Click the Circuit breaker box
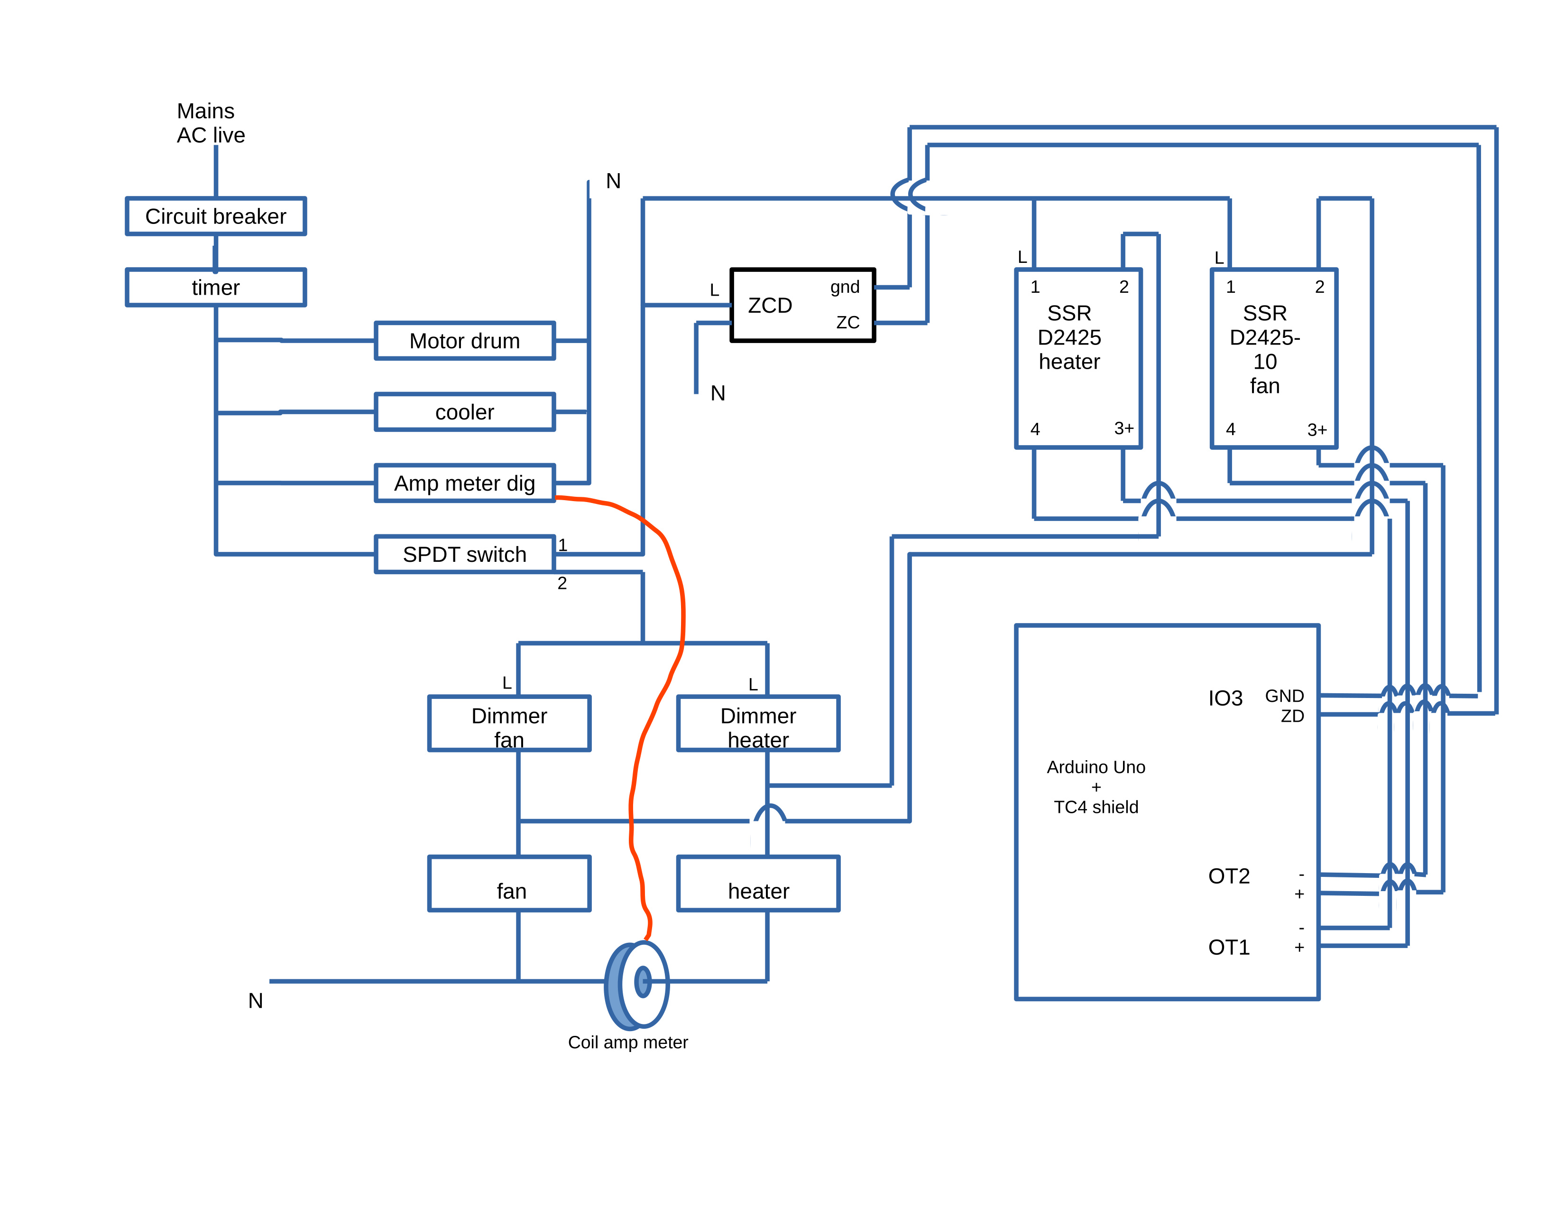[216, 216]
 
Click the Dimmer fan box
[509, 723]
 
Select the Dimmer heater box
[758, 723]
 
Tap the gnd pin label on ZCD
[845, 287]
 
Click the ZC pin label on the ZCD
[848, 323]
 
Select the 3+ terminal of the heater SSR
[1123, 428]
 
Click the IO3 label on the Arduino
[1225, 698]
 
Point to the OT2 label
[1229, 876]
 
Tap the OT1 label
[1229, 948]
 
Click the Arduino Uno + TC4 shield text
[1095, 787]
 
